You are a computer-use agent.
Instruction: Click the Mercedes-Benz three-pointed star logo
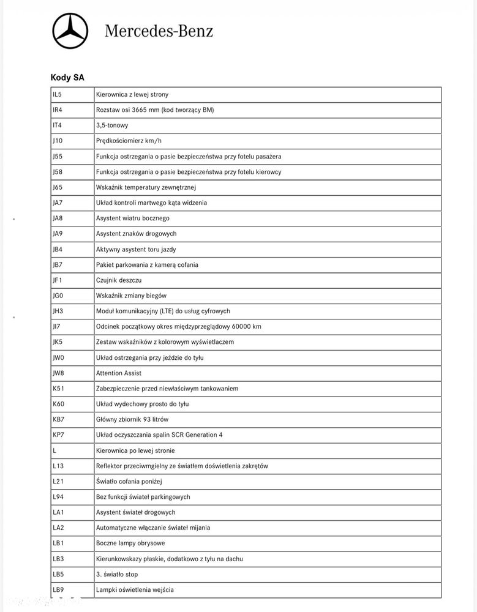point(70,31)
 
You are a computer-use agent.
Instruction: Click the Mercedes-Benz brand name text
point(159,31)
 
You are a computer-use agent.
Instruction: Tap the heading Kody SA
point(67,77)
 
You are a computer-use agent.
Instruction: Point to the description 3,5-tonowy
point(112,125)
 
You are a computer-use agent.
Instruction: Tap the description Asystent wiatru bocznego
point(133,218)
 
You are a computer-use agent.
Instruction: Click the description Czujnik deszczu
point(119,280)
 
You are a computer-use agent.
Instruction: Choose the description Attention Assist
point(119,373)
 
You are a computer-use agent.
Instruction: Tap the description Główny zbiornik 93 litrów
point(132,420)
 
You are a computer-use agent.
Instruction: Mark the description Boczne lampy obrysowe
point(130,543)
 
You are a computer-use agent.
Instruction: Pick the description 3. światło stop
point(117,575)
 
